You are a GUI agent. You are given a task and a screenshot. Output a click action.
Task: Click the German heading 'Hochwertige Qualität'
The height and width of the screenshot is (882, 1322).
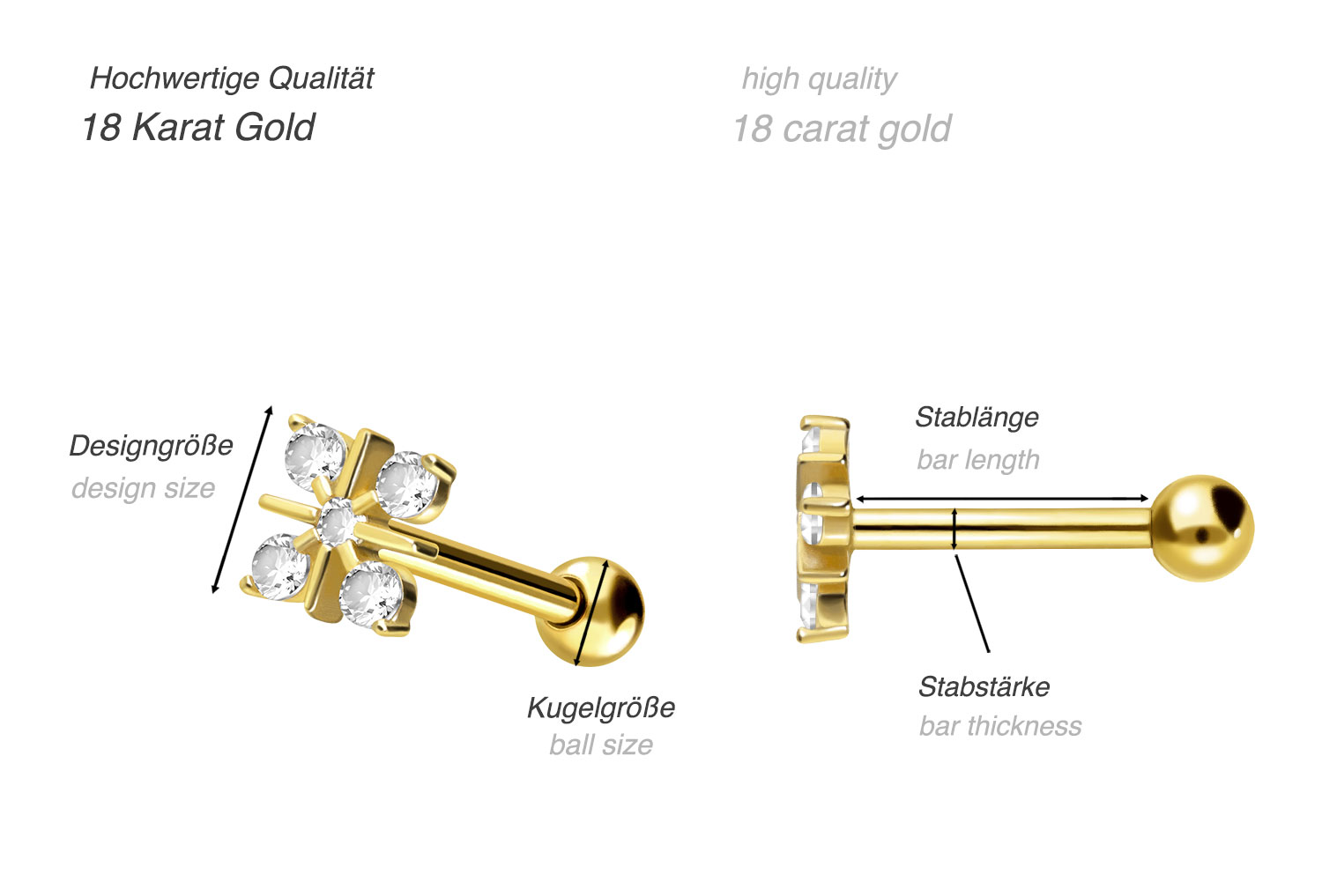point(232,79)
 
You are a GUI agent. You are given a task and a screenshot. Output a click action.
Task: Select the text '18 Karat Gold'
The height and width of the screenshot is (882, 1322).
point(198,128)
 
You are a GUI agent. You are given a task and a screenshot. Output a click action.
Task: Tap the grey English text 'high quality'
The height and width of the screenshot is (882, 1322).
point(819,79)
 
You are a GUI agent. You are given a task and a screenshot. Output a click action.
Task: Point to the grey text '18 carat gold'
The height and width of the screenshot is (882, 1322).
point(843,130)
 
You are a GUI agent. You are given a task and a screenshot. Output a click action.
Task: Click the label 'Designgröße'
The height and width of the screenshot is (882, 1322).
point(151,446)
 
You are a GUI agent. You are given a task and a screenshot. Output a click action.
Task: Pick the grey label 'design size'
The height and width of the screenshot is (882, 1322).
point(144,488)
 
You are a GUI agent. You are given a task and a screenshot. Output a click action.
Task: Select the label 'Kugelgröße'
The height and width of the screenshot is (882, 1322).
point(601,708)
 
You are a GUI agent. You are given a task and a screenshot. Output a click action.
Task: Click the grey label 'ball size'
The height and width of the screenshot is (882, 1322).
point(601,745)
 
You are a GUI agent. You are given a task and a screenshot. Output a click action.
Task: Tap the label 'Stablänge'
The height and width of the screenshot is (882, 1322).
point(977,418)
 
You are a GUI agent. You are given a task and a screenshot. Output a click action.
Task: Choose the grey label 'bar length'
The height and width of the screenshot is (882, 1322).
point(978,460)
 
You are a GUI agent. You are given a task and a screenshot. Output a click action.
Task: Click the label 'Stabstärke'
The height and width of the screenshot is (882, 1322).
point(984,686)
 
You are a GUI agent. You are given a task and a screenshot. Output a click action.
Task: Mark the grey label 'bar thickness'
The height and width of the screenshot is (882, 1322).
point(1000,726)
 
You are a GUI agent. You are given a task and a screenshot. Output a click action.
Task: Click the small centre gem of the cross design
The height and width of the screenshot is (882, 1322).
point(337,523)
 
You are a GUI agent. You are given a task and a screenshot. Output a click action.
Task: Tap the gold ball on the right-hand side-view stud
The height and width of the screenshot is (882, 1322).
point(1202,528)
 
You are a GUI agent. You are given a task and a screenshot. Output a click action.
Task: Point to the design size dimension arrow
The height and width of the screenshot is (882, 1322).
point(242,500)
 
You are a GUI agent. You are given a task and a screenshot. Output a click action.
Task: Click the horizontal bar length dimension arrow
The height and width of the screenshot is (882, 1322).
point(1001,499)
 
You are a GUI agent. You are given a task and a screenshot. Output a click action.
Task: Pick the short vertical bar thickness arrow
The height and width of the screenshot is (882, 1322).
point(954,529)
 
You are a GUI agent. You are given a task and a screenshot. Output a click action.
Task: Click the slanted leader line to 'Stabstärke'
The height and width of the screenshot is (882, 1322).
point(972,603)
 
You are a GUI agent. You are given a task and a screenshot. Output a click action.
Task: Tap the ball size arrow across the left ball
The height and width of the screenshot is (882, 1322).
point(590,612)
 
